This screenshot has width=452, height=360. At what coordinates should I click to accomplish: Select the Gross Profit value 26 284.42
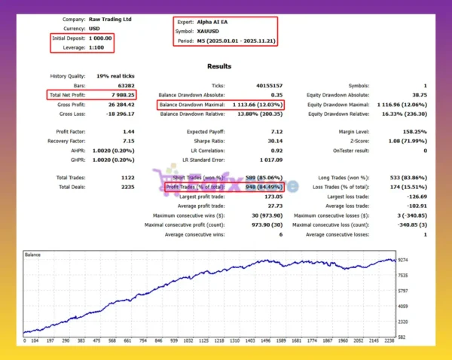click(x=119, y=104)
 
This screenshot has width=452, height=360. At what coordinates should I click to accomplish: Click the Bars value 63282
click(x=126, y=86)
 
